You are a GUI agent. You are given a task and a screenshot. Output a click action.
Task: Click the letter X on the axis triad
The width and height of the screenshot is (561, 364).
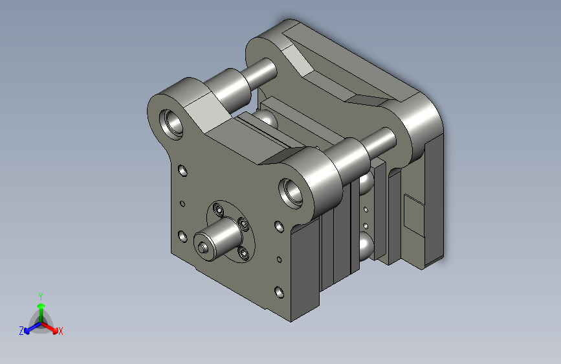click(60, 331)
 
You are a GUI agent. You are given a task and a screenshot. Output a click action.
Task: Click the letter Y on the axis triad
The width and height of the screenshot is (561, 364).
click(41, 296)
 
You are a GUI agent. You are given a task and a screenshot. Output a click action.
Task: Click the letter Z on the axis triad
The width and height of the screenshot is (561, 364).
click(21, 331)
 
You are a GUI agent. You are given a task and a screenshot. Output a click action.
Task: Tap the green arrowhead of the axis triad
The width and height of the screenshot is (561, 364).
click(41, 306)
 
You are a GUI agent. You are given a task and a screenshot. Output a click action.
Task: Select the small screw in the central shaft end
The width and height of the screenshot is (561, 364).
click(203, 247)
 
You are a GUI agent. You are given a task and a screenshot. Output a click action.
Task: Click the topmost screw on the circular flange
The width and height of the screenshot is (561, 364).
click(217, 209)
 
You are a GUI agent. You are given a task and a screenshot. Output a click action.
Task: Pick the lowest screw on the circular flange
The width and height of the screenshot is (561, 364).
click(244, 253)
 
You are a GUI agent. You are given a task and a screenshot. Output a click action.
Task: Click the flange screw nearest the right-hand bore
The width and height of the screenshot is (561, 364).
click(243, 224)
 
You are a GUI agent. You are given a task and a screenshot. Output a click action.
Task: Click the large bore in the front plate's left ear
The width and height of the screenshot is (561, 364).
click(171, 124)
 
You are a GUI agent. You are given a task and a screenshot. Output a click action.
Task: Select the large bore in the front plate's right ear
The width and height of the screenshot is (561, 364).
click(291, 193)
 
